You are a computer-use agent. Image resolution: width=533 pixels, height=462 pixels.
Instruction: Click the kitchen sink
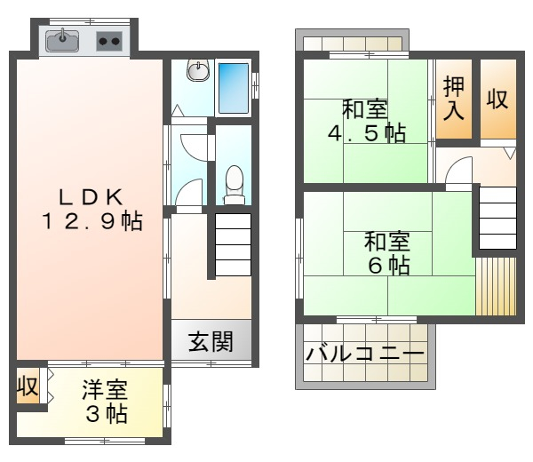(62, 41)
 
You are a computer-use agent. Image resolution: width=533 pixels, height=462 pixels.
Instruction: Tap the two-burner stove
(109, 41)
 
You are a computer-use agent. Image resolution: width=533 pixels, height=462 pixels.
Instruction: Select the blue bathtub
(233, 88)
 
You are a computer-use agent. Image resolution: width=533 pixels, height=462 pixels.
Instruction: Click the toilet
(235, 185)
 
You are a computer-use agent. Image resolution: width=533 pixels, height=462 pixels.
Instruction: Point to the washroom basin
(198, 71)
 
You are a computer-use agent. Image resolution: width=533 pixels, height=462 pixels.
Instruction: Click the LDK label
(91, 197)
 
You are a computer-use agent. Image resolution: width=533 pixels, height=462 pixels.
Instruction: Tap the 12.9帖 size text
(92, 221)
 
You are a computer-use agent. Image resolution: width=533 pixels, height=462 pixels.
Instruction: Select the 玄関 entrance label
(211, 341)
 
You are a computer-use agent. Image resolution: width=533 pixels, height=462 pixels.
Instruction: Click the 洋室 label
(105, 390)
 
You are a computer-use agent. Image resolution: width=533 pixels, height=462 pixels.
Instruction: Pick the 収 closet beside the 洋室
(28, 386)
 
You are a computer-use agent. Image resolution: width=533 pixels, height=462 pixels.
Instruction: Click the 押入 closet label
(454, 99)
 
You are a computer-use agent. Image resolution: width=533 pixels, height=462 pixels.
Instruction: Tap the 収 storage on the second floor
(497, 100)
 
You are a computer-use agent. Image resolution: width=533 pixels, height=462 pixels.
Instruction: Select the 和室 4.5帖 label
(367, 121)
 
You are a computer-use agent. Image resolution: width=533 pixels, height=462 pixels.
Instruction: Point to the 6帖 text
(389, 266)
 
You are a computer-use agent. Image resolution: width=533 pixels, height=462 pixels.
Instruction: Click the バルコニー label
(365, 354)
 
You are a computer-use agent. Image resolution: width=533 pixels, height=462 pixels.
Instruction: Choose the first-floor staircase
(233, 244)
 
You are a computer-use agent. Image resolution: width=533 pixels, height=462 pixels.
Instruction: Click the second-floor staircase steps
(497, 218)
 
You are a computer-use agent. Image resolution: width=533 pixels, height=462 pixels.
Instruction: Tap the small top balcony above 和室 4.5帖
(352, 42)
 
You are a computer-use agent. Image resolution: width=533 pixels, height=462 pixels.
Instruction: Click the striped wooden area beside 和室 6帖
(496, 286)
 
